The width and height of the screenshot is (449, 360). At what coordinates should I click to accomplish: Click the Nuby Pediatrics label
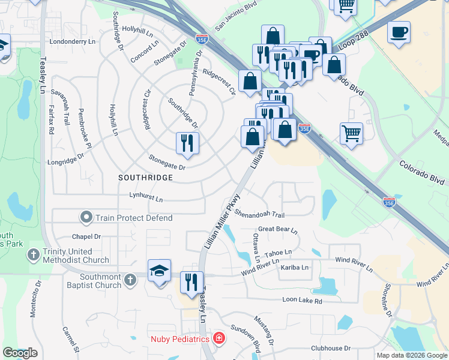(x=181, y=339)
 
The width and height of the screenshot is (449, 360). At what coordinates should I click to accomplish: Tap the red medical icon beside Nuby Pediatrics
(x=219, y=339)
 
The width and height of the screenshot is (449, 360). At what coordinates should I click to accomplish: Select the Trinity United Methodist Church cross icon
(x=34, y=256)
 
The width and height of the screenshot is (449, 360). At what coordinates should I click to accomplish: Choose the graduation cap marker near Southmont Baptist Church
(x=160, y=271)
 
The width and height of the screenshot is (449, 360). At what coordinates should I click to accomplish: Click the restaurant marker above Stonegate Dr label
(x=187, y=143)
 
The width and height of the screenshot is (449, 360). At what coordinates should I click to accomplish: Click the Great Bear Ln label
(x=278, y=229)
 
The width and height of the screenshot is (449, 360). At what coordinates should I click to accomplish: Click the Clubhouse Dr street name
(x=331, y=348)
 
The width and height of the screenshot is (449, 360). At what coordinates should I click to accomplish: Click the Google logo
(x=20, y=353)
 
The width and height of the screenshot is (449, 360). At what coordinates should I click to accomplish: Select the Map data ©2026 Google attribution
(x=411, y=355)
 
